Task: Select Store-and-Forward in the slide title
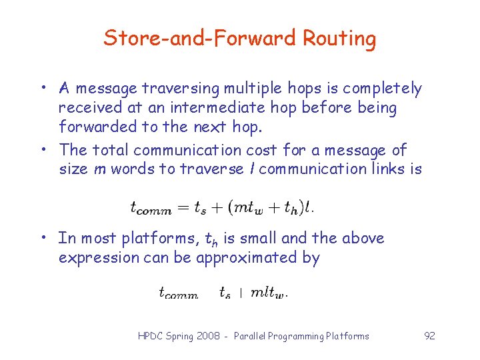[200, 38]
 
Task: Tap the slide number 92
[429, 336]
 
